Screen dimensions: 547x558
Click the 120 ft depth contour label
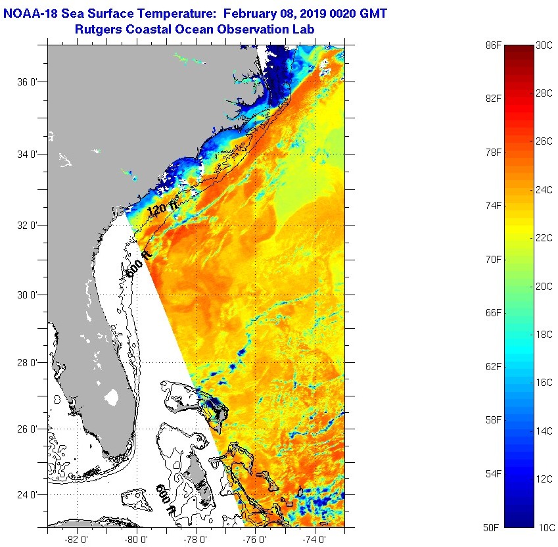point(162,209)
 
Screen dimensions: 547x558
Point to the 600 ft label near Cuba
point(165,499)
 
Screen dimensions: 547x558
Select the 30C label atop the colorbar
point(544,45)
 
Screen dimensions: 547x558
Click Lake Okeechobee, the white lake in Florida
point(111,398)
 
